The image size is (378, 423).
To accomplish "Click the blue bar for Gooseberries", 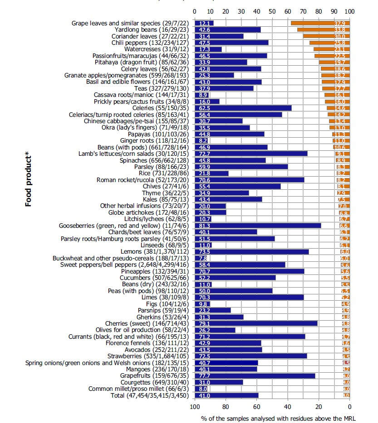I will coord(258,226).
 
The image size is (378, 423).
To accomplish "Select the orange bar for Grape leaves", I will coord(320,23).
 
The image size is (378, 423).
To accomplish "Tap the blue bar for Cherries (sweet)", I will coord(256,323).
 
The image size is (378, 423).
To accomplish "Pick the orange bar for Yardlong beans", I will coord(323,29).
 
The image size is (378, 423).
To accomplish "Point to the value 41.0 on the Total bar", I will coord(202,395).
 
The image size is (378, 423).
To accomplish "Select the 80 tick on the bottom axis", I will coord(226,407).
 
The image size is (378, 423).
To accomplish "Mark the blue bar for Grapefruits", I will coord(255,375).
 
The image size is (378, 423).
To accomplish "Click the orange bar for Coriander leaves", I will coord(326,36).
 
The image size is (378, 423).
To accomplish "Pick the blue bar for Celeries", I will coord(243,108).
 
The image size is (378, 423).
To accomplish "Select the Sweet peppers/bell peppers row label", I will coord(126,264).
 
